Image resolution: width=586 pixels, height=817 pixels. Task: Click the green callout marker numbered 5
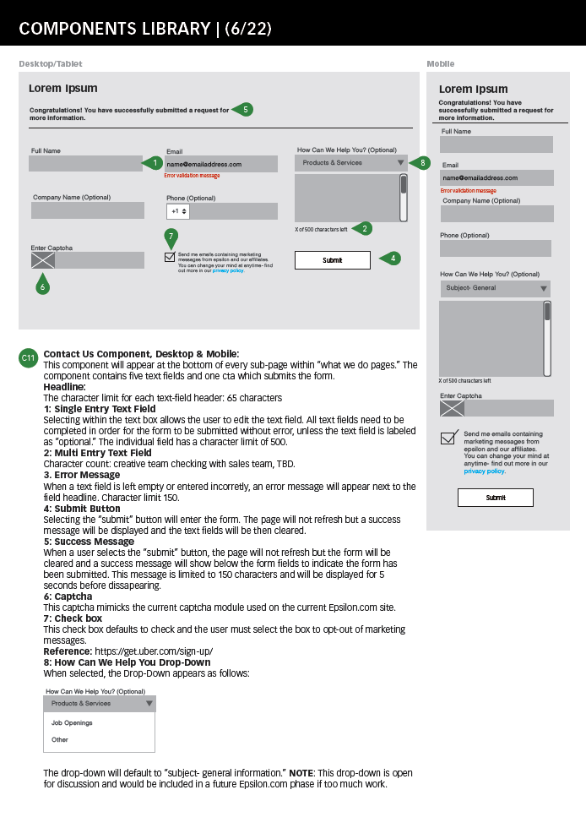[244, 109]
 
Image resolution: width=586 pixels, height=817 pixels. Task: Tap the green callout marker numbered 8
[421, 162]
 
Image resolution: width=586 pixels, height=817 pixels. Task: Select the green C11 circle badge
[28, 358]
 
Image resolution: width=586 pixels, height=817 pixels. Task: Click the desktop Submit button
[333, 260]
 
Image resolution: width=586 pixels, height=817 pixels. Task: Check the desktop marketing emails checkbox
[170, 257]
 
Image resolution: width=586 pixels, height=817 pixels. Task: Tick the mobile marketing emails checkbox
[448, 438]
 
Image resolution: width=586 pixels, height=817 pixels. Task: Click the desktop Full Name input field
[85, 163]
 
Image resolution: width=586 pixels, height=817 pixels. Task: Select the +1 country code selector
[178, 211]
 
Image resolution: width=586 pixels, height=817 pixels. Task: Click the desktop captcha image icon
[42, 261]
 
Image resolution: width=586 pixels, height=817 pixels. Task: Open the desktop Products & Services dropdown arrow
[400, 163]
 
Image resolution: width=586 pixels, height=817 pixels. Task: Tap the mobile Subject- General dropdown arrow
[543, 289]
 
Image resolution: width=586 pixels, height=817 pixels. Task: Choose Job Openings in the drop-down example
[72, 723]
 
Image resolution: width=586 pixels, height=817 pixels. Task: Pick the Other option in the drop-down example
[60, 740]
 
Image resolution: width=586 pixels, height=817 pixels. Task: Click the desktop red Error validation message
[192, 176]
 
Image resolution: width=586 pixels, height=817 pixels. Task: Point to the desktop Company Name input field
[88, 210]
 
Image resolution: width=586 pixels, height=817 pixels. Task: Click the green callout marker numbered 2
[364, 228]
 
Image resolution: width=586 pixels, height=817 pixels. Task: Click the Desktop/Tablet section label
[51, 64]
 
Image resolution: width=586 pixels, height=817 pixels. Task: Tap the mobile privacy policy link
[484, 471]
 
